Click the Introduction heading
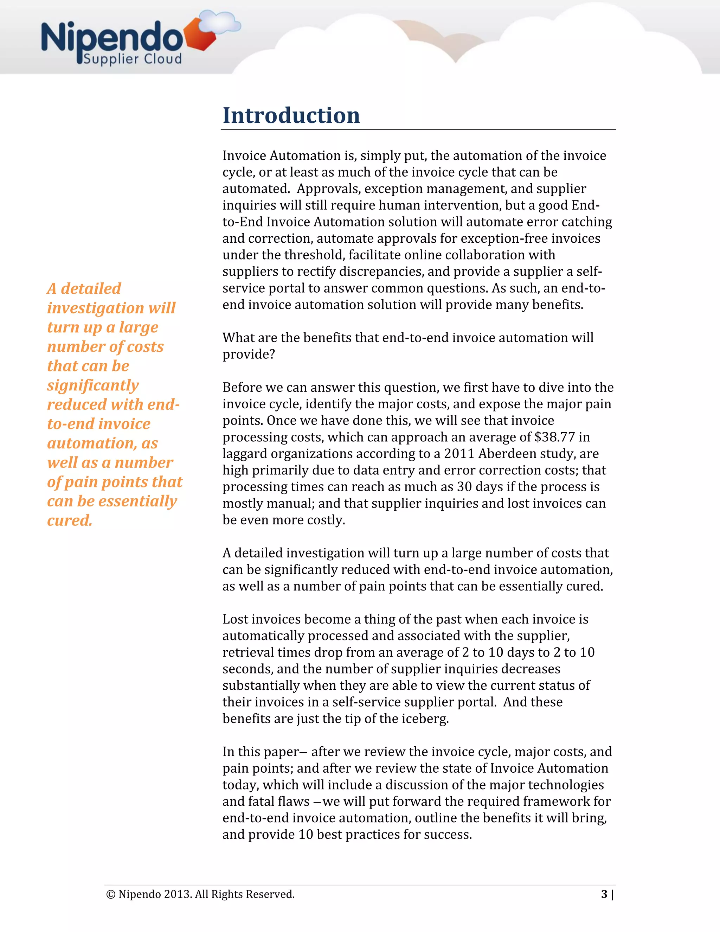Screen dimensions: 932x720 (291, 116)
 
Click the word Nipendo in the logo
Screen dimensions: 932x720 (112, 38)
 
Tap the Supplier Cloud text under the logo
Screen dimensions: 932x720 (133, 59)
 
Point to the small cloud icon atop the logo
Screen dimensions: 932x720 (220, 22)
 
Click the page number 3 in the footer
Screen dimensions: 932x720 (604, 894)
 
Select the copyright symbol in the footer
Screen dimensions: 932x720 (110, 894)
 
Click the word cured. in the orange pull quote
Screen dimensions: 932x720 (70, 521)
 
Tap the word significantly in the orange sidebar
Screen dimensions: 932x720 (93, 385)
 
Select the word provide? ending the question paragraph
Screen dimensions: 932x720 (249, 354)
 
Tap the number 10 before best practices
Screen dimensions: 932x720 (306, 834)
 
